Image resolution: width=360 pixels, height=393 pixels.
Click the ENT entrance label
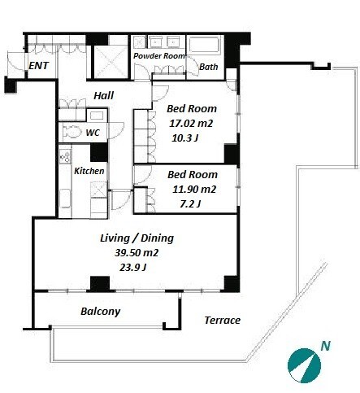(38, 66)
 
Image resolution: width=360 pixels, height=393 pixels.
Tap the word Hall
(103, 95)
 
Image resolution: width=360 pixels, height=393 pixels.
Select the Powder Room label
(159, 56)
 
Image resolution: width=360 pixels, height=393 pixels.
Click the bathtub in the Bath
(204, 45)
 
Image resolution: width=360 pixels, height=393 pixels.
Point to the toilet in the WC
(72, 133)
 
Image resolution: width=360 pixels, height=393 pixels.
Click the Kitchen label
(89, 171)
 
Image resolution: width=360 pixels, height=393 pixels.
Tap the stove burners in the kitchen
(65, 157)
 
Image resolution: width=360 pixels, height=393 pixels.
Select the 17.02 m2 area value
(191, 124)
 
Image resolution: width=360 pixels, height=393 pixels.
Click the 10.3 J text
(184, 138)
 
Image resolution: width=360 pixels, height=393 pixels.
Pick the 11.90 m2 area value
(194, 189)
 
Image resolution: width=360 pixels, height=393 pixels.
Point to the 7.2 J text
(190, 203)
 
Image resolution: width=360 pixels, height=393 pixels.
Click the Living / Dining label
(137, 238)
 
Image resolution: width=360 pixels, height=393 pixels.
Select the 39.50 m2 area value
(137, 253)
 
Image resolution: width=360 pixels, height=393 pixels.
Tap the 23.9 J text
(132, 268)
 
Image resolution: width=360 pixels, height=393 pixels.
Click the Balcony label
(101, 312)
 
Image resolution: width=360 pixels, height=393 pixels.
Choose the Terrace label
(223, 321)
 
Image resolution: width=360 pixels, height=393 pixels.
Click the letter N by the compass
(325, 346)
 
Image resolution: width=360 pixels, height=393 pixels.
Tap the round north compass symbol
(304, 365)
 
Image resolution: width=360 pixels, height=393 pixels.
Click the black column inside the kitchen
(99, 152)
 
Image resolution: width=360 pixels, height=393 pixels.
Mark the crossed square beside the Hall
(111, 62)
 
